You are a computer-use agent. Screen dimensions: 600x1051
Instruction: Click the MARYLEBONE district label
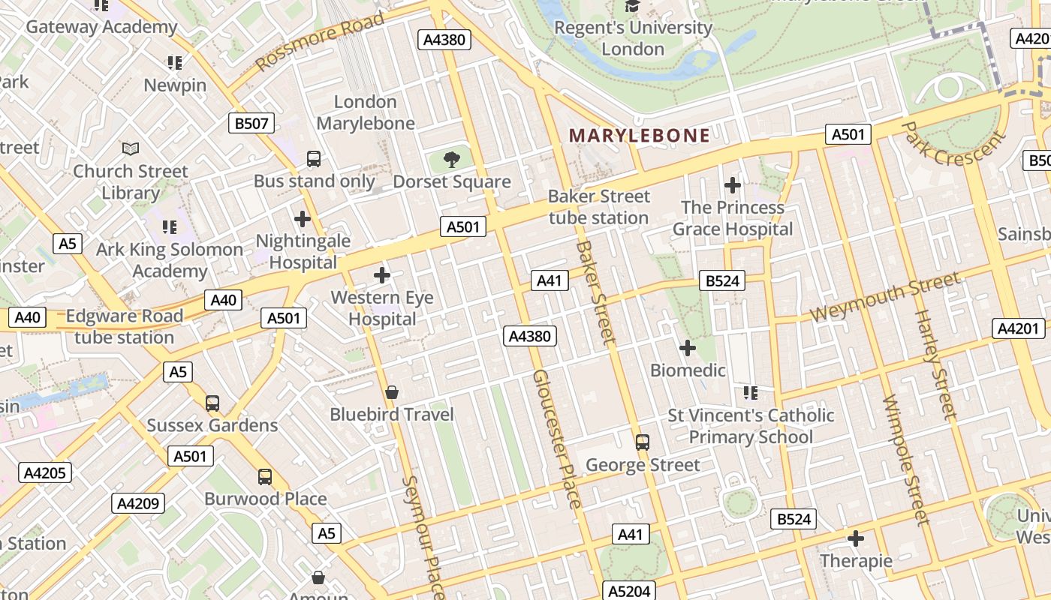pyautogui.click(x=639, y=136)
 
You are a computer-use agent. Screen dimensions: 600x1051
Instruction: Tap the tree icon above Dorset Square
pyautogui.click(x=451, y=159)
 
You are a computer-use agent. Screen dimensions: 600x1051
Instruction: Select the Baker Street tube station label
pyautogui.click(x=598, y=207)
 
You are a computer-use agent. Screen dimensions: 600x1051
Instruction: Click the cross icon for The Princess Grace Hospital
pyautogui.click(x=732, y=184)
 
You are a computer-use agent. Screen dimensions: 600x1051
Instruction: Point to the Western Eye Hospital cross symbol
pyautogui.click(x=382, y=275)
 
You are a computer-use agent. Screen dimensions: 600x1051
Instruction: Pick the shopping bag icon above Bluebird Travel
pyautogui.click(x=391, y=392)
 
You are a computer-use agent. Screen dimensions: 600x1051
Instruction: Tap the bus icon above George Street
pyautogui.click(x=642, y=442)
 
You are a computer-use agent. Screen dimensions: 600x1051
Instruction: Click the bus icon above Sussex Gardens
pyautogui.click(x=212, y=403)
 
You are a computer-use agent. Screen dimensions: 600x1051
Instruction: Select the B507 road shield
pyautogui.click(x=251, y=124)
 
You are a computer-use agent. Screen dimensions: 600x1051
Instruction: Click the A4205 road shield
pyautogui.click(x=46, y=472)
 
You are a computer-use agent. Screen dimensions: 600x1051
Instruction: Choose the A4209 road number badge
pyautogui.click(x=138, y=503)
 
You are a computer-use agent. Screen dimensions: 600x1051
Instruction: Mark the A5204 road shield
pyautogui.click(x=628, y=591)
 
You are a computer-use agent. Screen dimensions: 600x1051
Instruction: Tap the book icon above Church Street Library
pyautogui.click(x=131, y=148)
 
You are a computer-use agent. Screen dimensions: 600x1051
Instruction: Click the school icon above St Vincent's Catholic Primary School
pyautogui.click(x=750, y=392)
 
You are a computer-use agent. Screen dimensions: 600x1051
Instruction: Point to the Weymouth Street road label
pyautogui.click(x=885, y=298)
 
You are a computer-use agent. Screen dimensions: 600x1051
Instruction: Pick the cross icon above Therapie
pyautogui.click(x=856, y=538)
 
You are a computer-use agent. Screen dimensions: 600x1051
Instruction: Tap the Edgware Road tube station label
pyautogui.click(x=124, y=327)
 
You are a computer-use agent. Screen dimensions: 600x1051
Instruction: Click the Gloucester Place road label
pyautogui.click(x=556, y=439)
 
